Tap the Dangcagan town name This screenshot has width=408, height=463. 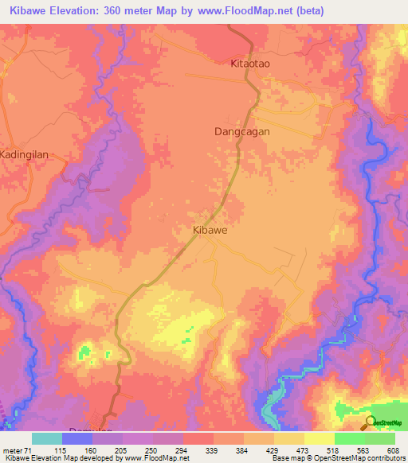pyautogui.click(x=242, y=131)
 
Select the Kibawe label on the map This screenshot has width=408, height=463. pyautogui.click(x=210, y=229)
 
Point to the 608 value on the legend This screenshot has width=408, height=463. pyautogui.click(x=392, y=449)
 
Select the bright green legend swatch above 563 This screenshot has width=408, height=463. pyautogui.click(x=349, y=438)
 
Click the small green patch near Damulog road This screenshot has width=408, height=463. pyautogui.click(x=85, y=351)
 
